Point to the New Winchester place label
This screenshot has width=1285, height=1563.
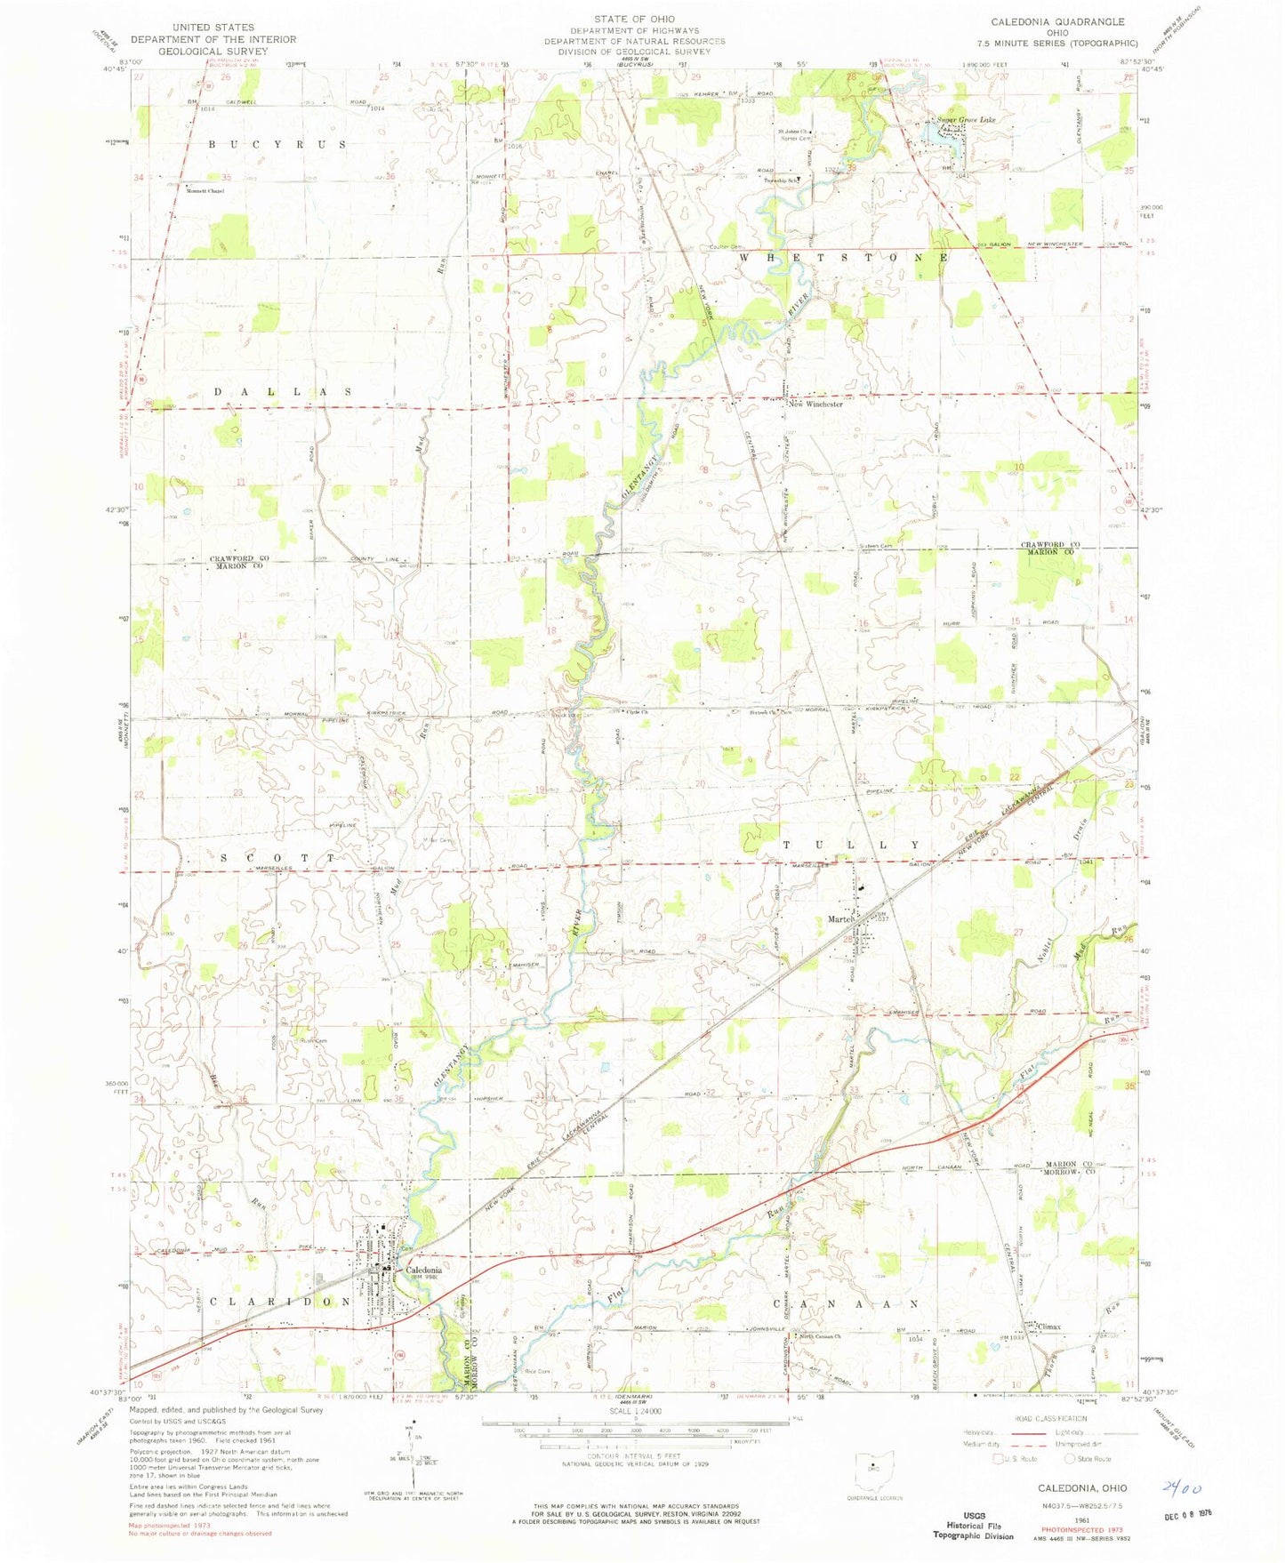coord(815,404)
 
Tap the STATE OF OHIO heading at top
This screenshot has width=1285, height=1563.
coord(635,19)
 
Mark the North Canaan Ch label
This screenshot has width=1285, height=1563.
coord(819,1336)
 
